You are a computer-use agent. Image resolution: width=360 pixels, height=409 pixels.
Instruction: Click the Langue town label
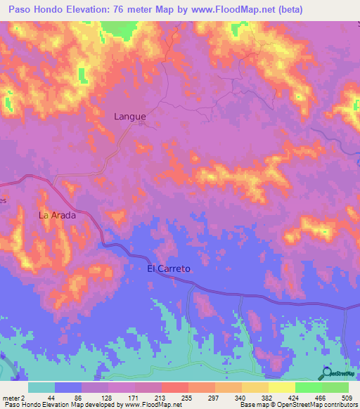click(130, 117)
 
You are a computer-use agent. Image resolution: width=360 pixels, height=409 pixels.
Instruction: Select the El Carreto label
click(169, 268)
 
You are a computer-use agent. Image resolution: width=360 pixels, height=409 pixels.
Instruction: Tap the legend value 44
click(51, 398)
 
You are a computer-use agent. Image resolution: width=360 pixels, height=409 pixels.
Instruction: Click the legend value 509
click(345, 398)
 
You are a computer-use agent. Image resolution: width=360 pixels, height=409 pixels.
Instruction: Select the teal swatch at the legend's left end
click(41, 387)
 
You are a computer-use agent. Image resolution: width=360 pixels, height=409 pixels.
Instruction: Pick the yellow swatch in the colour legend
click(282, 387)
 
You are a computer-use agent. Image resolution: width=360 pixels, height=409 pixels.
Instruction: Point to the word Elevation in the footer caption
click(47, 405)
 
